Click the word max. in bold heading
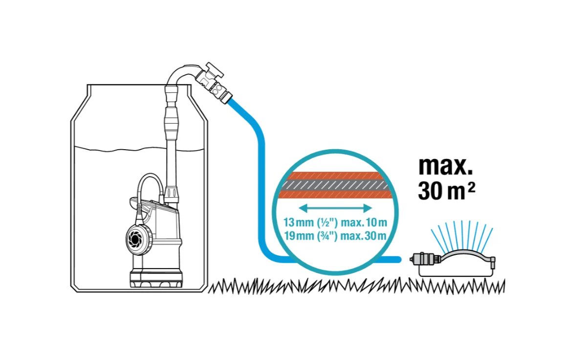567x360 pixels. pyautogui.click(x=445, y=166)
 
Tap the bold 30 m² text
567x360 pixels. pyautogui.click(x=446, y=191)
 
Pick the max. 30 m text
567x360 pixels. pyautogui.click(x=364, y=236)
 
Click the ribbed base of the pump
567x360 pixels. pyautogui.click(x=156, y=281)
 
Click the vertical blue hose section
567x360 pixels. pyautogui.click(x=261, y=196)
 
